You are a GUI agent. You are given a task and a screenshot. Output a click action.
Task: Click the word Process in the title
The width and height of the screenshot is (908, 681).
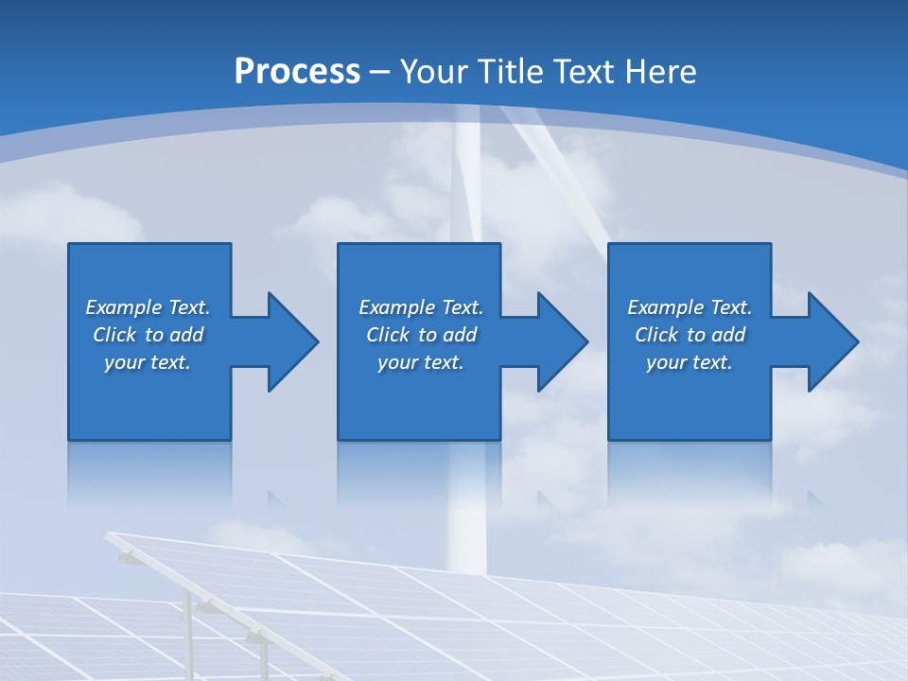tap(297, 71)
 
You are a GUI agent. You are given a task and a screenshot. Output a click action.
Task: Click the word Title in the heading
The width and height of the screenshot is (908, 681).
tap(508, 71)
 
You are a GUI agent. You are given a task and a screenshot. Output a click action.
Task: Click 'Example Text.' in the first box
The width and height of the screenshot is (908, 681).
tap(148, 307)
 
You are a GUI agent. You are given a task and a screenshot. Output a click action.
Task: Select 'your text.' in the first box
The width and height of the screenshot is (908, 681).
tap(148, 362)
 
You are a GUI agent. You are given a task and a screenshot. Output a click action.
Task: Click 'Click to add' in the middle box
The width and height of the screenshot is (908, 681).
tap(421, 335)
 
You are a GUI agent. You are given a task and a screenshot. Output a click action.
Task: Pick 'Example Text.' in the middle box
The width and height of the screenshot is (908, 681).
tap(421, 307)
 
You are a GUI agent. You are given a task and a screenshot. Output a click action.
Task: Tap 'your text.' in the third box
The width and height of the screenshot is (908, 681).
tap(689, 362)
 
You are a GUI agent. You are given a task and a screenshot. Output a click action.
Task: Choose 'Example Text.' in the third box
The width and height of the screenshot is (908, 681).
tap(689, 307)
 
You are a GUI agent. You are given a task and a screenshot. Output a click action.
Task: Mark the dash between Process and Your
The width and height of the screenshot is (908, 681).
tap(380, 72)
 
